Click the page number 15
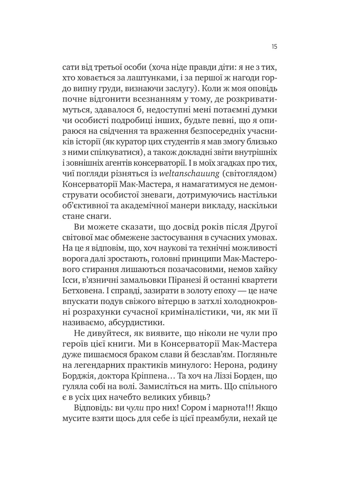coord(274,47)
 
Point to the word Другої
coord(263,227)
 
